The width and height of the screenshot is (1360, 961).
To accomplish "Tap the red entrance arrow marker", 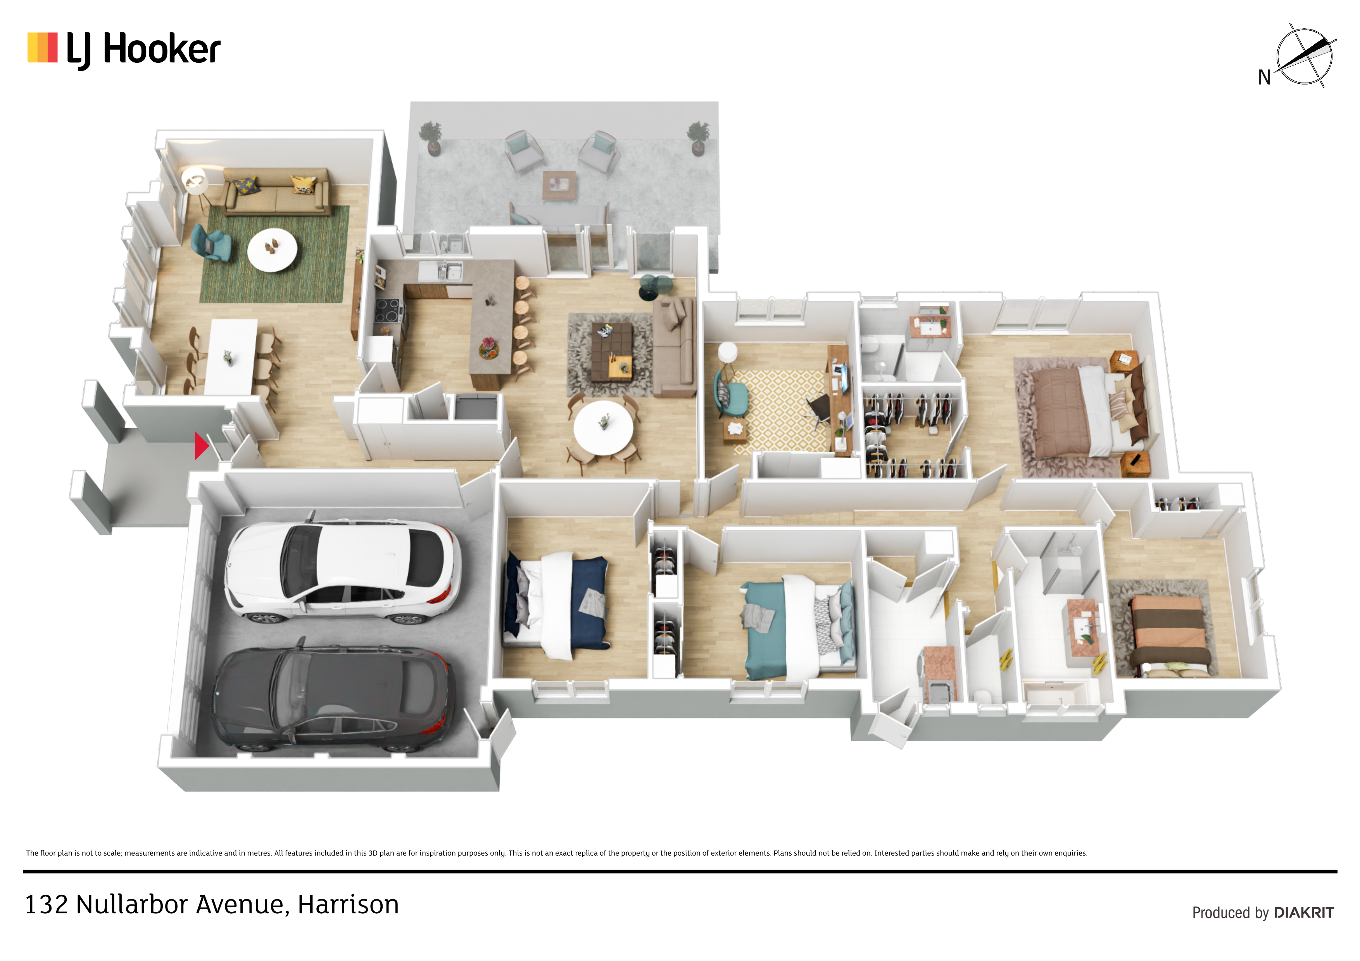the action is pos(201,445).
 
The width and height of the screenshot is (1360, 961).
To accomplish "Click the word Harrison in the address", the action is pos(348,904).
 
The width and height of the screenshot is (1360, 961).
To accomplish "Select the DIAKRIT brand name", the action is pos(1304,913).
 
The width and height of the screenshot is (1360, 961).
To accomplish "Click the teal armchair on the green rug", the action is pos(211,243).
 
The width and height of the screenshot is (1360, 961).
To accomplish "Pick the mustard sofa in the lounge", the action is pos(277,191).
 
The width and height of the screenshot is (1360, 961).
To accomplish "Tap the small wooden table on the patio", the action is pos(559,185).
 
